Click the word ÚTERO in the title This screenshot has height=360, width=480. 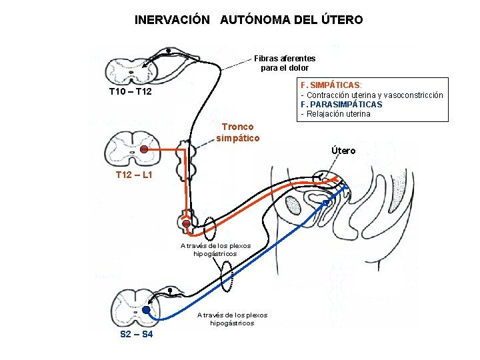[x=340, y=20]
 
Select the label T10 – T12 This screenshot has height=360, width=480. [x=130, y=91]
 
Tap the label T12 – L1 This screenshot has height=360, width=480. [x=134, y=175]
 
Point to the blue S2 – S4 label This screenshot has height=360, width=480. [x=136, y=333]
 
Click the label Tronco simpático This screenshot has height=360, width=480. [x=237, y=132]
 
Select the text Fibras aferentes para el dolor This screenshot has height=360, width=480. [x=285, y=63]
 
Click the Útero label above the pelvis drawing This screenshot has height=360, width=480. [x=343, y=151]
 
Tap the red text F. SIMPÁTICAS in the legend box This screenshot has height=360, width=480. [x=331, y=85]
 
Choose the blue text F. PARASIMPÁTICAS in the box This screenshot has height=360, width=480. [x=341, y=104]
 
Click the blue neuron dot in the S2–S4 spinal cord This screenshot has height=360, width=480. [x=146, y=311]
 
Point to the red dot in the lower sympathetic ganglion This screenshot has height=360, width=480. [x=187, y=224]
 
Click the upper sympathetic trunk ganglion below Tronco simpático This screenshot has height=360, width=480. [x=182, y=159]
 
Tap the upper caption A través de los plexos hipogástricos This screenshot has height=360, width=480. [x=215, y=249]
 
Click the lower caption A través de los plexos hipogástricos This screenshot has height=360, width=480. [x=232, y=319]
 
